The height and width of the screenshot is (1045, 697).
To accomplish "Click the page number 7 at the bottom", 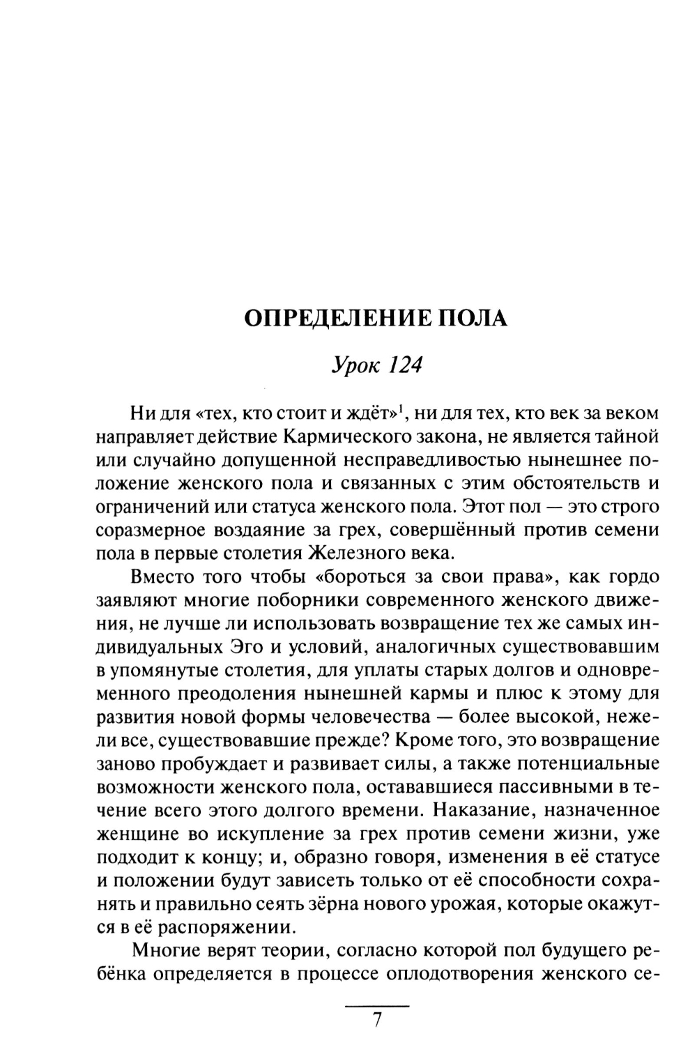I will click(377, 1019).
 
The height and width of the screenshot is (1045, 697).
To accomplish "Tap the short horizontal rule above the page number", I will click(377, 1006).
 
